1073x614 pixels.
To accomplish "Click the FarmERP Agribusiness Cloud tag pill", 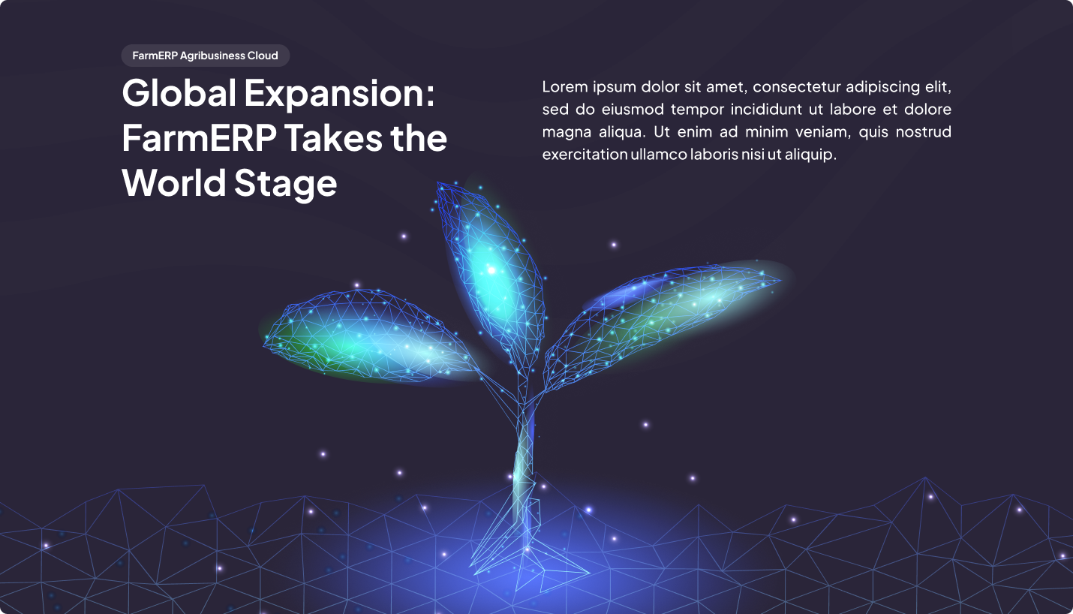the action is click(x=206, y=56).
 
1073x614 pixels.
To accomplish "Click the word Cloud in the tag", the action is click(x=263, y=56).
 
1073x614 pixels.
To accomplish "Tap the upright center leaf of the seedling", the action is click(x=491, y=273).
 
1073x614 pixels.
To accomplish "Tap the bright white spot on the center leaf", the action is click(x=491, y=270).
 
